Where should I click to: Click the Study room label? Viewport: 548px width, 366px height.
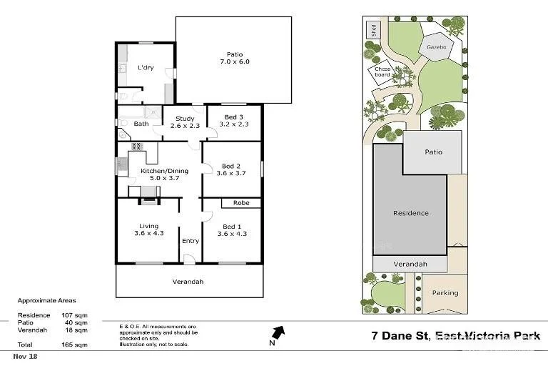pos(184,119)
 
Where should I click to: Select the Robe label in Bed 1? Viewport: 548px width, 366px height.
pos(240,203)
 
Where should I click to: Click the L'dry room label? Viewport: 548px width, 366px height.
pos(146,68)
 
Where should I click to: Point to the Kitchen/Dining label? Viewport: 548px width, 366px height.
pos(159,169)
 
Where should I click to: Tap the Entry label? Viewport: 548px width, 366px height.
pos(191,241)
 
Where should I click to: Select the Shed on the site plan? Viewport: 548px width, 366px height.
pos(372,30)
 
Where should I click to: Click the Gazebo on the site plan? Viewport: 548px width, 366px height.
pos(436,47)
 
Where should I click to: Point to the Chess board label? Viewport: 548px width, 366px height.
pos(383,71)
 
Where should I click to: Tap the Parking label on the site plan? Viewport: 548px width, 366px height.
pos(445,293)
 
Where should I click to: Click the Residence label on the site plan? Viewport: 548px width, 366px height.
pos(411,213)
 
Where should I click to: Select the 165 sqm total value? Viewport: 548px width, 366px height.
pos(79,345)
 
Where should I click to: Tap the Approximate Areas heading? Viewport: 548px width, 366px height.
pos(46,301)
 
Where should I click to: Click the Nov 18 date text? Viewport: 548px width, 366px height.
pos(25,356)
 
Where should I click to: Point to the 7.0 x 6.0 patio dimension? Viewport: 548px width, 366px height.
pos(235,62)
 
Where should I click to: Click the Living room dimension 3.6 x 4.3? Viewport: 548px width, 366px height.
pos(149,234)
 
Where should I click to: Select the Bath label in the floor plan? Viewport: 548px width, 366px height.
pos(141,124)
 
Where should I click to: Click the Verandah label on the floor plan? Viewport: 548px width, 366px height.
pos(188,282)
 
